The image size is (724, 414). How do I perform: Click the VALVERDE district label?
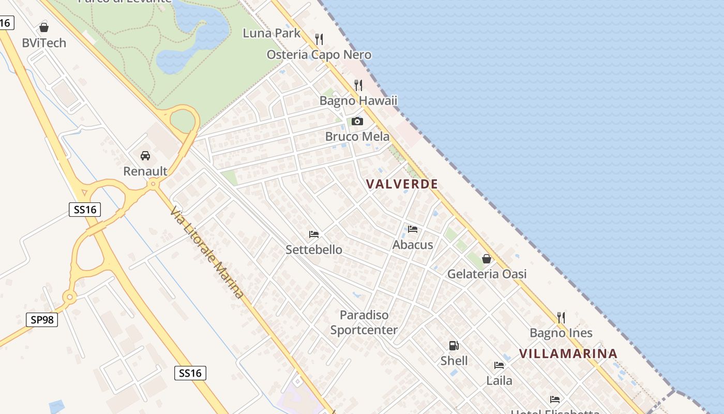(402, 184)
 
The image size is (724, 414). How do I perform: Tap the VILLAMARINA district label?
(568, 353)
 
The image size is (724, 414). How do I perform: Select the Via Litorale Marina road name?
(207, 252)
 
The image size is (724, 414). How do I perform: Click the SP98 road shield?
(42, 320)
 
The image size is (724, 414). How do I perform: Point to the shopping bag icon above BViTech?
(44, 27)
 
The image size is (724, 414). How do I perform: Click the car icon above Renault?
(145, 155)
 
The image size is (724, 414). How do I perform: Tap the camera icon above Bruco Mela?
(357, 122)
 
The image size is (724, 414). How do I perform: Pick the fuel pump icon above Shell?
(454, 345)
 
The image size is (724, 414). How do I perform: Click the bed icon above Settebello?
(314, 234)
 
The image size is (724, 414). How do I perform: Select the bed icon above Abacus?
(413, 229)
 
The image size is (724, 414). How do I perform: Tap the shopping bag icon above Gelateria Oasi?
(487, 258)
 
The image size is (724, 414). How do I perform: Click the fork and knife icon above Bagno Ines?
(561, 317)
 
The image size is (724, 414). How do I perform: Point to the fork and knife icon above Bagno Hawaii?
(358, 85)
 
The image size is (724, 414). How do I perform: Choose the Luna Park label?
(271, 33)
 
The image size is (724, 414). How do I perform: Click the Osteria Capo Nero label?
(319, 55)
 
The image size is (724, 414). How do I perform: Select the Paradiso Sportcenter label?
(364, 322)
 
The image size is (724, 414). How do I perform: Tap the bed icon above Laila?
(499, 365)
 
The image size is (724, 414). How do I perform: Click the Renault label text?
(145, 171)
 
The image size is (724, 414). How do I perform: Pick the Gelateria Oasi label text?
(487, 274)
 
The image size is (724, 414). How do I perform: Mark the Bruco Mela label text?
(357, 137)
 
